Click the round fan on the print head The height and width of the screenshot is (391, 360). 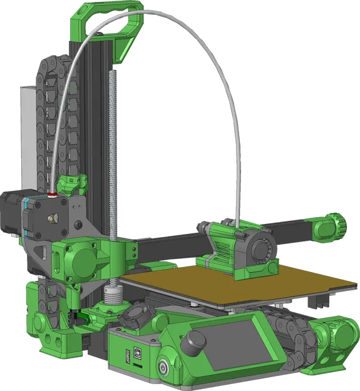(258, 251)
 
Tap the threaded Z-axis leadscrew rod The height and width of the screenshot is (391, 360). (113, 156)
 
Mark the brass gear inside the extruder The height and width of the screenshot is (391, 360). (52, 218)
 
